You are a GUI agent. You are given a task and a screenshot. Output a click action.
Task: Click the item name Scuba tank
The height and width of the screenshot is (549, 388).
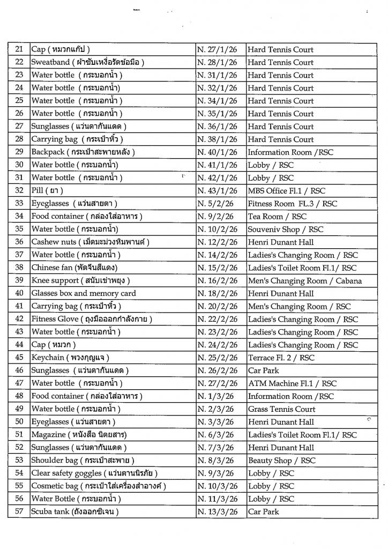(74, 512)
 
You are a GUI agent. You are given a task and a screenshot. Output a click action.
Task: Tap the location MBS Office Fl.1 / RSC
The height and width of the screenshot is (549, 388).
(286, 191)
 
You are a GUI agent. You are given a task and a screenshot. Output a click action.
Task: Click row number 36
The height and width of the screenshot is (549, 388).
(19, 242)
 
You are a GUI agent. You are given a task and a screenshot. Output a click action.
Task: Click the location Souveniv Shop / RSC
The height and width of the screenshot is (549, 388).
(286, 229)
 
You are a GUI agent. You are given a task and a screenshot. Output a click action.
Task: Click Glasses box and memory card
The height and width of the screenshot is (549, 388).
(84, 294)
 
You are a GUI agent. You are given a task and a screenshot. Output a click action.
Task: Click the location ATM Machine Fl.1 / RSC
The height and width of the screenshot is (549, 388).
(292, 383)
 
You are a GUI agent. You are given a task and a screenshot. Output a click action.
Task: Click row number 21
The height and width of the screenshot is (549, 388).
(19, 49)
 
